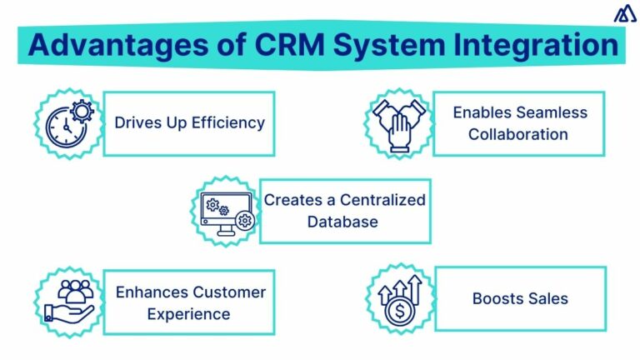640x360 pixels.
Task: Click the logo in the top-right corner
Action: [622, 14]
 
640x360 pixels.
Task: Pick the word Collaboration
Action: [518, 134]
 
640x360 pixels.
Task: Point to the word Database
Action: [342, 222]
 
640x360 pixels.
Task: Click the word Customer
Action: [229, 292]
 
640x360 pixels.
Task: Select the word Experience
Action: [188, 314]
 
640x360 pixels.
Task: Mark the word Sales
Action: [546, 298]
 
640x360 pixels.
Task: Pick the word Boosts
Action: [497, 298]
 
